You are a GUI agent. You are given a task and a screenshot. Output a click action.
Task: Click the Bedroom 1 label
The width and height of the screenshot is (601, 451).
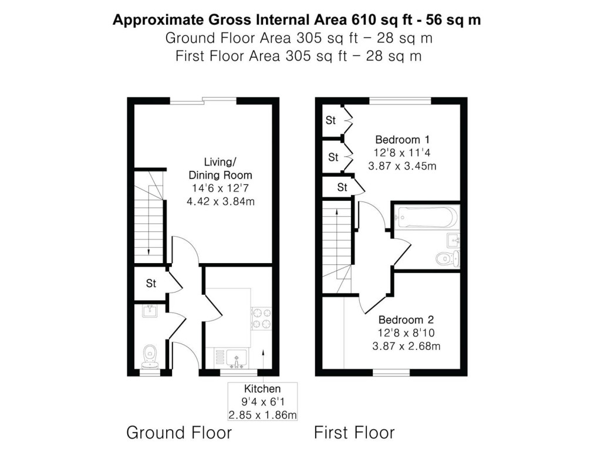(x=403, y=140)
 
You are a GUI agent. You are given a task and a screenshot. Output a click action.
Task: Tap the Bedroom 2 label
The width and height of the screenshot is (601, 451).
(x=406, y=320)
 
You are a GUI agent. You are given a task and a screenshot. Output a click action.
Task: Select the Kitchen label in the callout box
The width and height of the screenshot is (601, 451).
(x=262, y=389)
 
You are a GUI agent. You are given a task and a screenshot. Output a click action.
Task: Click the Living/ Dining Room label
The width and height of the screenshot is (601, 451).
(x=221, y=169)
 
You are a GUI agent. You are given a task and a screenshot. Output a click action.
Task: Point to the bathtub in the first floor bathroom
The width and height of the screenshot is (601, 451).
(x=427, y=217)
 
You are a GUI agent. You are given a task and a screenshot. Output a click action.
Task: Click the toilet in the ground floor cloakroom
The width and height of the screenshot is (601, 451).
(x=150, y=356)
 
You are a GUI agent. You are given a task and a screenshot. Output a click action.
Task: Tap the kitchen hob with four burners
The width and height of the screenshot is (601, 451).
(x=261, y=319)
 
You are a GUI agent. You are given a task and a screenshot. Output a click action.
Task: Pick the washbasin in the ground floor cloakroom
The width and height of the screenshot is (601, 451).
(x=150, y=311)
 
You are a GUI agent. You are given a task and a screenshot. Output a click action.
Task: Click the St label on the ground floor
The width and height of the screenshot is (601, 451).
(x=151, y=284)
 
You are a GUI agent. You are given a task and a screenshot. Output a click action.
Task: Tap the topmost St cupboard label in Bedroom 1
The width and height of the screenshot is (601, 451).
(x=330, y=120)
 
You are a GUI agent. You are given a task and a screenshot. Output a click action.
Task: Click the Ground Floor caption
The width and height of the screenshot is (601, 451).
(x=179, y=433)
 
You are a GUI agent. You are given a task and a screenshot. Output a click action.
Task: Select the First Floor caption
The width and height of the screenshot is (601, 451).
(x=354, y=433)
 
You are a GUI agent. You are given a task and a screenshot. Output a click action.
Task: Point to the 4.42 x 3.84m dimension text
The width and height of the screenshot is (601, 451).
(x=221, y=201)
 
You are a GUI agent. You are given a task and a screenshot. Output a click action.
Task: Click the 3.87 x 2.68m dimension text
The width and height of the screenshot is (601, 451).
(x=406, y=346)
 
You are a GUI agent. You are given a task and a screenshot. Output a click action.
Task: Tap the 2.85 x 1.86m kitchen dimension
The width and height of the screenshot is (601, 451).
(x=262, y=415)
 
